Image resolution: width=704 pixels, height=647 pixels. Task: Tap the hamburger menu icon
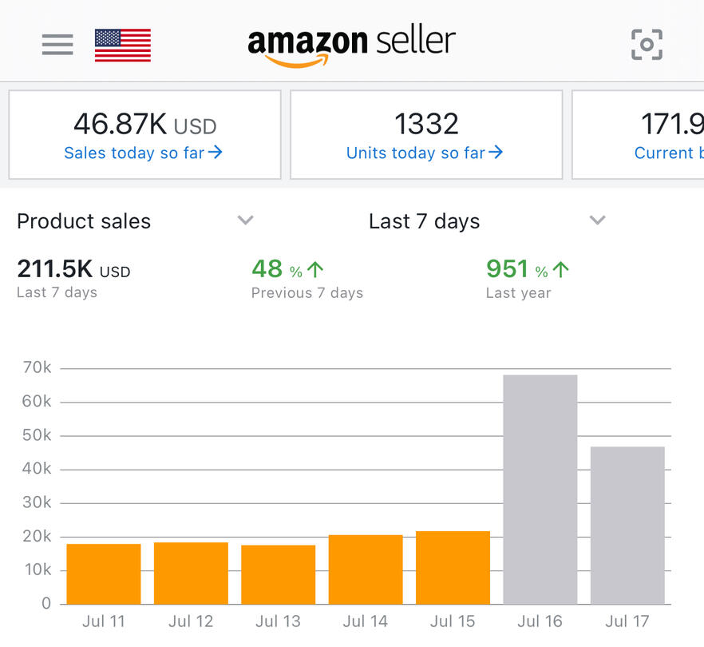(x=57, y=45)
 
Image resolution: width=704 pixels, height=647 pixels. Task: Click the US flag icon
(x=122, y=45)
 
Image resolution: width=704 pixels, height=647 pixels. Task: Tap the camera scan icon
(x=647, y=45)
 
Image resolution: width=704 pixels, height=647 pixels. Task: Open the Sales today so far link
(x=143, y=153)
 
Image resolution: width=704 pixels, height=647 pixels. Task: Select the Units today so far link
(x=425, y=153)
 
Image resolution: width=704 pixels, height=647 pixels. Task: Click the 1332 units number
(x=426, y=124)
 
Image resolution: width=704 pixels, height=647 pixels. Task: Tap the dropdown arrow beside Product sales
(x=246, y=220)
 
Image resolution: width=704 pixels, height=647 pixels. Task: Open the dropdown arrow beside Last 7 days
(x=597, y=220)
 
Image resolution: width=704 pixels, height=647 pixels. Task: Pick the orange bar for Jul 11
(x=104, y=574)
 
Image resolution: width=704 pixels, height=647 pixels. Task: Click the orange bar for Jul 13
(x=278, y=574)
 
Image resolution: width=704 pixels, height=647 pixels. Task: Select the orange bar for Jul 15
(x=453, y=567)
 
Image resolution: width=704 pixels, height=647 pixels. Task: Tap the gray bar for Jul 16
(x=540, y=489)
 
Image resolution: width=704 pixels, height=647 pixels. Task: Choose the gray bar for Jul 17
(x=627, y=525)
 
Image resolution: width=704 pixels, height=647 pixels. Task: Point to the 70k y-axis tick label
(x=36, y=368)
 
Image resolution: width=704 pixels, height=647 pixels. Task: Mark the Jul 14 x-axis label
(x=366, y=621)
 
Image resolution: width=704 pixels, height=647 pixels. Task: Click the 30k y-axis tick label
(x=36, y=502)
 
